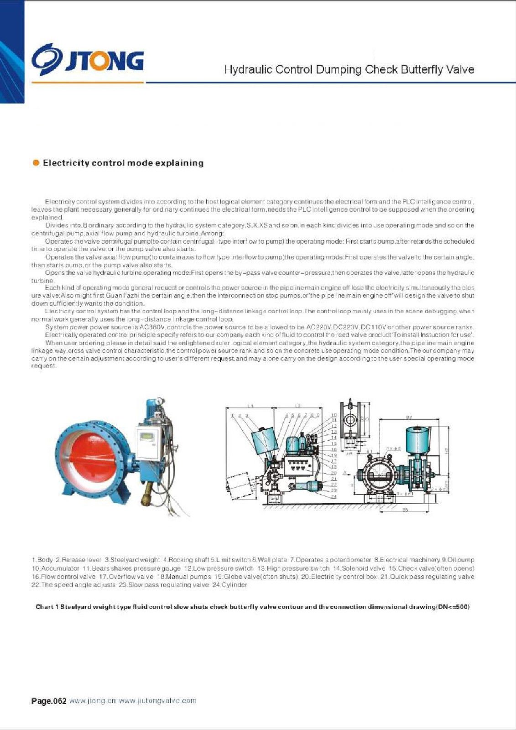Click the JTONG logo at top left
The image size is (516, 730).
(x=87, y=60)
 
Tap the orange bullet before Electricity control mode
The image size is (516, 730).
(x=36, y=163)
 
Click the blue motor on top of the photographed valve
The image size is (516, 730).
(x=151, y=411)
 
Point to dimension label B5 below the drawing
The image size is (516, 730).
(x=405, y=510)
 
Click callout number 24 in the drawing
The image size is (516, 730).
(x=334, y=496)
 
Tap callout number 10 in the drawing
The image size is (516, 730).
(x=334, y=415)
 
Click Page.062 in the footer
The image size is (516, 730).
(x=49, y=701)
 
